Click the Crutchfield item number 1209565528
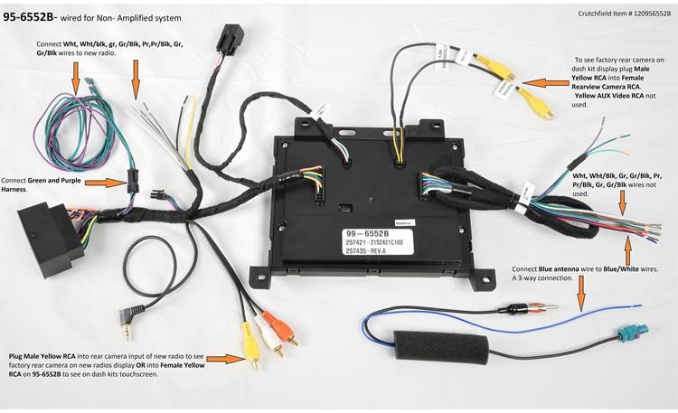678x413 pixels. tap(642, 14)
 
